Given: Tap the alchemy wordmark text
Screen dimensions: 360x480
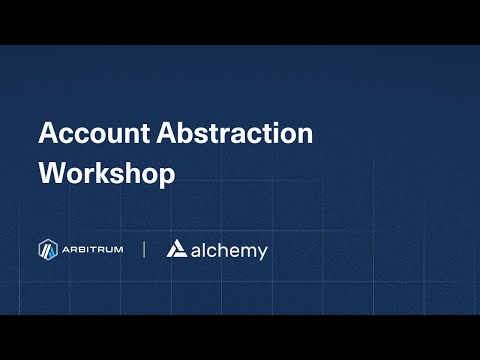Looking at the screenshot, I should pyautogui.click(x=229, y=251).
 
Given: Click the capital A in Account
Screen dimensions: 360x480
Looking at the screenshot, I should pyautogui.click(x=48, y=134).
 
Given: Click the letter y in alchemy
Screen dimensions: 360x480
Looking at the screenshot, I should pyautogui.click(x=262, y=254).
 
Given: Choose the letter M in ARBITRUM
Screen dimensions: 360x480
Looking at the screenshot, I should pyautogui.click(x=118, y=250).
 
